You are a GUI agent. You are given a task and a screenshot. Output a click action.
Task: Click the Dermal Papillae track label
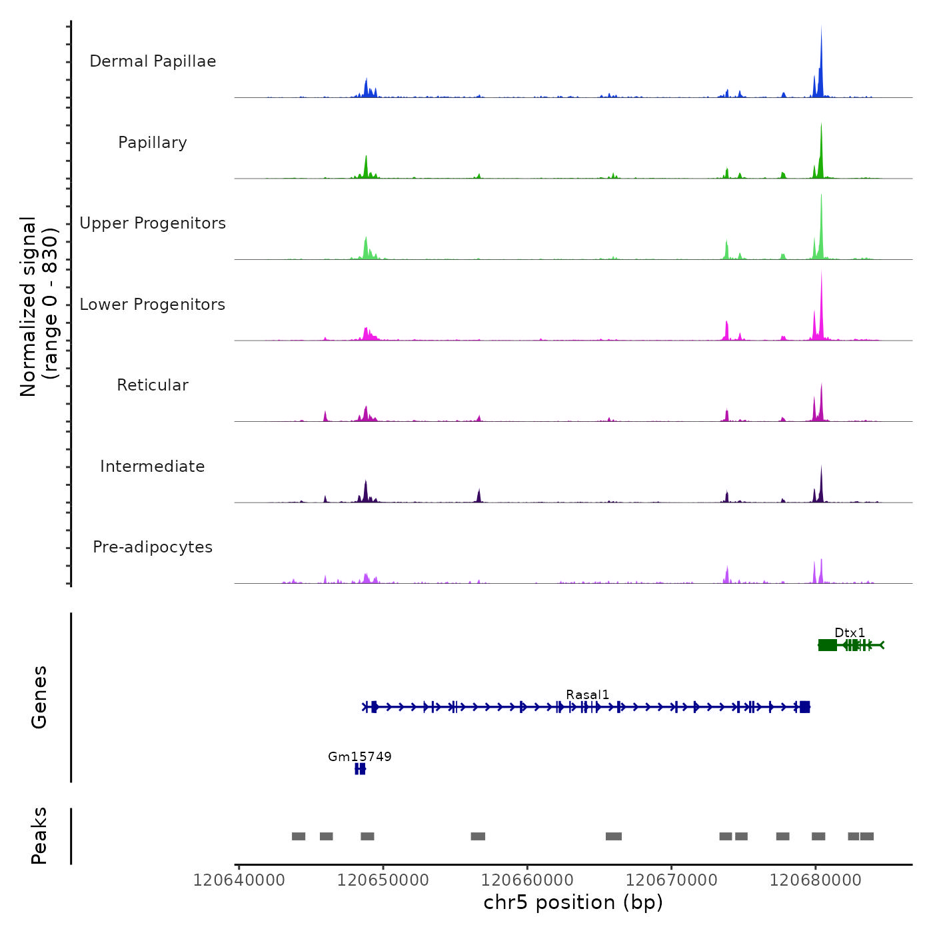(x=153, y=61)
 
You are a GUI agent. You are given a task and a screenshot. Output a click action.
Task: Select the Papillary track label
(x=153, y=143)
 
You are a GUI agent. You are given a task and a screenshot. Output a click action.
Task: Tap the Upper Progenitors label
(x=153, y=223)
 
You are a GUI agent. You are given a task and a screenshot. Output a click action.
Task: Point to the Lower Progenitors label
(x=153, y=305)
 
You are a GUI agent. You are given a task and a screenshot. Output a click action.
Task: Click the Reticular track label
(x=153, y=385)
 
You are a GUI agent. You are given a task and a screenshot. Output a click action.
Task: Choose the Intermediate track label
(x=153, y=467)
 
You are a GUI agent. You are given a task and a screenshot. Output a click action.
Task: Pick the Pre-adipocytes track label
(x=153, y=547)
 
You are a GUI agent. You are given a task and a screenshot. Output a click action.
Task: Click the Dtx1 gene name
(x=850, y=632)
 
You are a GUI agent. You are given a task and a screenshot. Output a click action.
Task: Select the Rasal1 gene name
(x=587, y=694)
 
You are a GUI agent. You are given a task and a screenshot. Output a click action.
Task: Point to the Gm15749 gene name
(x=360, y=756)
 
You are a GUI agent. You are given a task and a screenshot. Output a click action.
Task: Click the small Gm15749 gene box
(x=360, y=769)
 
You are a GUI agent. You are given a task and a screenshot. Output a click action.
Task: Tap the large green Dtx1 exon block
(x=828, y=644)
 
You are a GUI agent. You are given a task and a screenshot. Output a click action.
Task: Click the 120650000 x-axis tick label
(x=383, y=880)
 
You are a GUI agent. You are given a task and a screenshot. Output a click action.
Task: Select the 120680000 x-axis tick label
(x=815, y=880)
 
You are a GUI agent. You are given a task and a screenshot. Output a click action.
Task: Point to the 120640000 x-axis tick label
(x=239, y=880)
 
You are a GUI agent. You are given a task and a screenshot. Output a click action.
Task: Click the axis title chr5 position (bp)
(x=573, y=902)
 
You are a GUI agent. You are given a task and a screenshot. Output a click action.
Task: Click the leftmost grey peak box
(x=299, y=836)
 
